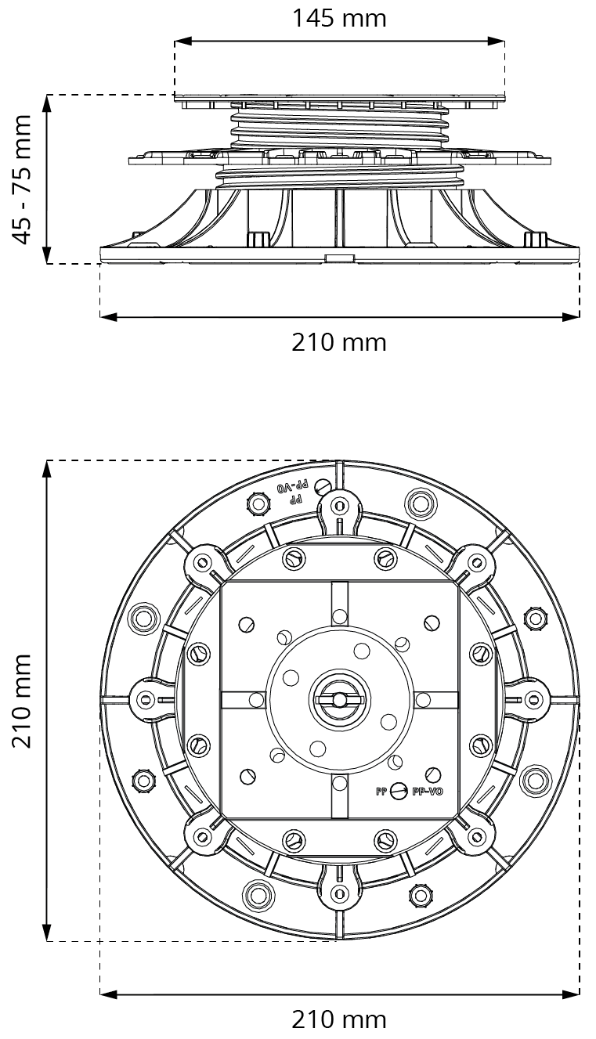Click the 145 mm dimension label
click(x=339, y=18)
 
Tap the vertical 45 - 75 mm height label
click(x=23, y=179)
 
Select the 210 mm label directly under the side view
click(x=339, y=342)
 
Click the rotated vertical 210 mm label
click(x=23, y=700)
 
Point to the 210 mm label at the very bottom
click(x=339, y=1019)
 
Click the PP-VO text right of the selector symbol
click(x=428, y=792)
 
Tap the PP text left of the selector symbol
click(x=381, y=792)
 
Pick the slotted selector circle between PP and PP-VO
click(x=399, y=792)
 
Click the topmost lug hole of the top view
click(x=339, y=503)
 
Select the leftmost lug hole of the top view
click(x=146, y=699)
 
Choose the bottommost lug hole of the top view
click(x=339, y=893)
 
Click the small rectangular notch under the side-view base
click(x=340, y=258)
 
